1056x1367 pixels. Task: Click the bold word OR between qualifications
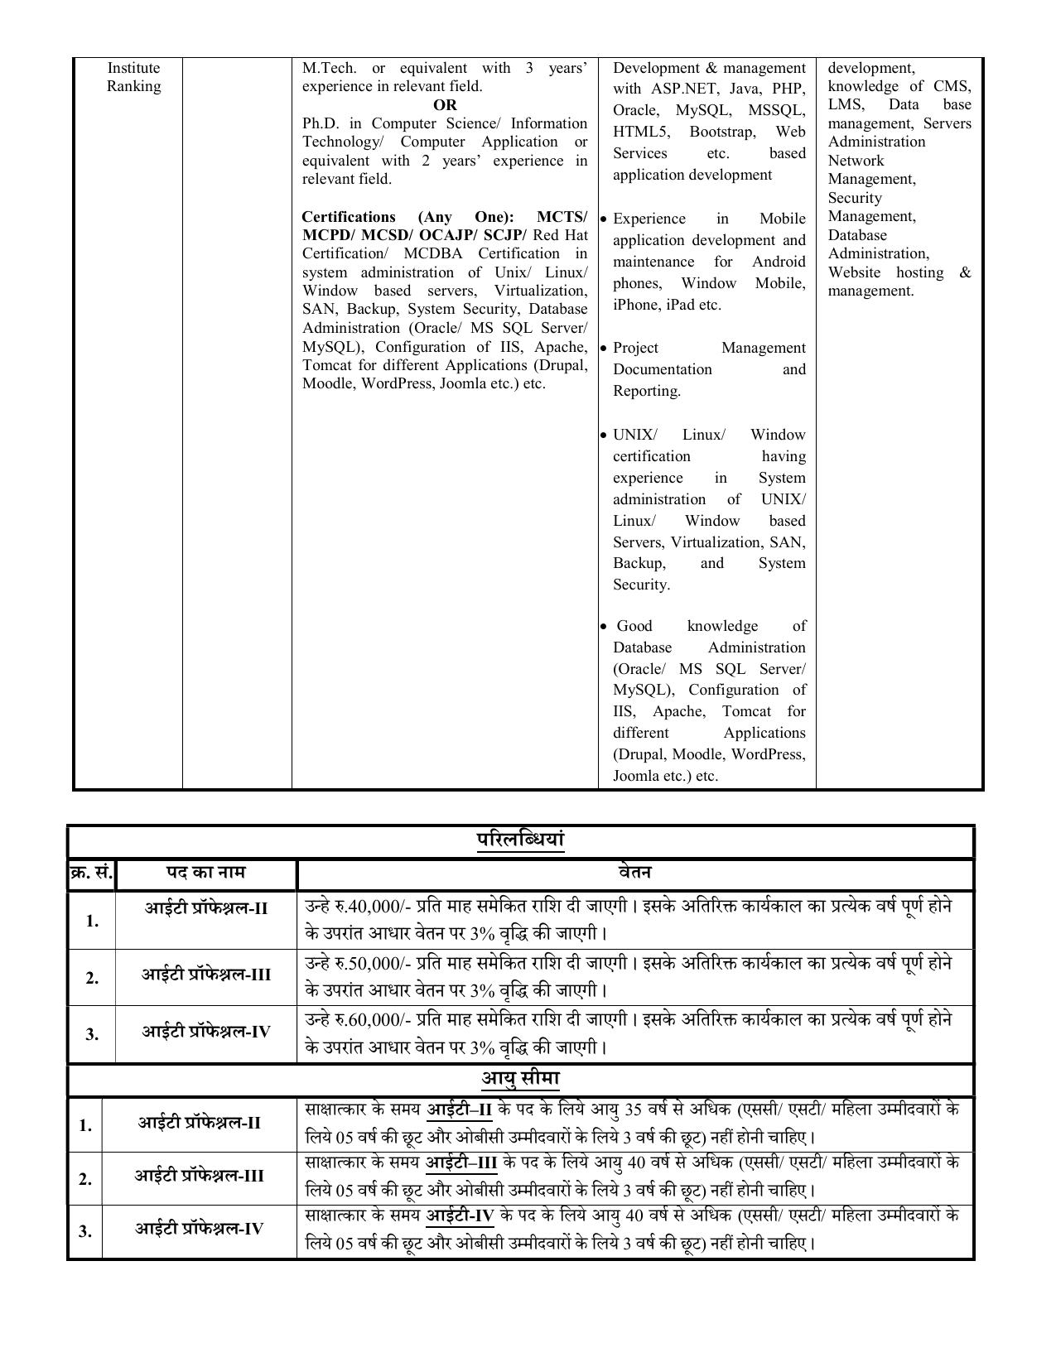pos(445,105)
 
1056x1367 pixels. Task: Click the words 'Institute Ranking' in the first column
pos(133,77)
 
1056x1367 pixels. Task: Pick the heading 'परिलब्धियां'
pos(520,840)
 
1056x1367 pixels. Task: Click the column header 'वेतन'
pos(634,873)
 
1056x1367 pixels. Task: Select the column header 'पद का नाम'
pos(205,873)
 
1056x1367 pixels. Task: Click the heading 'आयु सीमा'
pos(520,1079)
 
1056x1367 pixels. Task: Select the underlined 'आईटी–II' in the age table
pos(459,1109)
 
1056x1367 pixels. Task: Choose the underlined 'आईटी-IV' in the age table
pos(460,1215)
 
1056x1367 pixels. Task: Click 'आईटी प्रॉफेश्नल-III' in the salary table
pos(206,975)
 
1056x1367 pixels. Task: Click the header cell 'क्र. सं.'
pos(91,873)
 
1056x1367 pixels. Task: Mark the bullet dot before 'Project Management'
pos(604,349)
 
